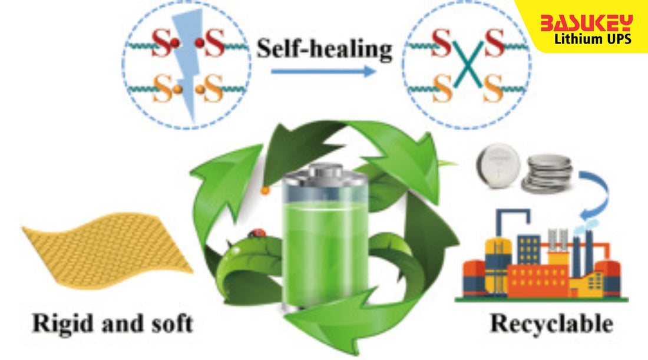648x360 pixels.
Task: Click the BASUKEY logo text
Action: click(586, 23)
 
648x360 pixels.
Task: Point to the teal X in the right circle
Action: click(468, 68)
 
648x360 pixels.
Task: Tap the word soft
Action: click(168, 323)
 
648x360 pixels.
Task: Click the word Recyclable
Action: click(551, 323)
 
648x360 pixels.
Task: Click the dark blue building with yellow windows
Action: click(529, 250)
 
